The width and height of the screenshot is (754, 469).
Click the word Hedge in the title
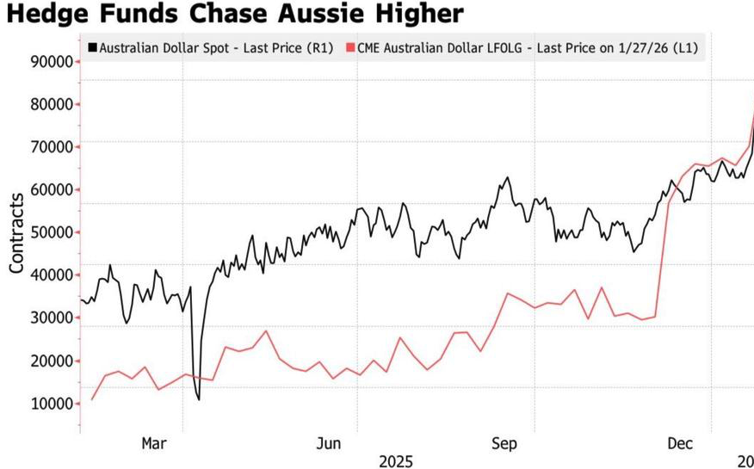click(50, 15)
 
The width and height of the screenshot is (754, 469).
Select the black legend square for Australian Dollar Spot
click(92, 48)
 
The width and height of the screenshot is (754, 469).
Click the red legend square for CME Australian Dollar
click(350, 48)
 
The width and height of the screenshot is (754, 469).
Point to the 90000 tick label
click(50, 62)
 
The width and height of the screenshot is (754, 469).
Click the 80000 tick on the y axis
click(50, 104)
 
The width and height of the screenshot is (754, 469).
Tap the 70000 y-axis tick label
click(50, 147)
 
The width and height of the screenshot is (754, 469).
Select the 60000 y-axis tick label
click(50, 189)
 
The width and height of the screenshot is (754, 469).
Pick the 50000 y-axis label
click(50, 232)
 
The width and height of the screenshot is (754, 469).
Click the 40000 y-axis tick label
click(50, 275)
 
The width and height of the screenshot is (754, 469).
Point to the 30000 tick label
click(50, 318)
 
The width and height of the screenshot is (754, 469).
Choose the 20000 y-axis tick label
click(50, 361)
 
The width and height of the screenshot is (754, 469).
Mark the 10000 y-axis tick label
click(50, 403)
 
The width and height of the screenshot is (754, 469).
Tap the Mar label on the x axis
click(153, 443)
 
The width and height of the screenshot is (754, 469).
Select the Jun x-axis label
click(329, 443)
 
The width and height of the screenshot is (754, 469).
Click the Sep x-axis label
click(504, 443)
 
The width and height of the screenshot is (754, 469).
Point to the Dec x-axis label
click(680, 443)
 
